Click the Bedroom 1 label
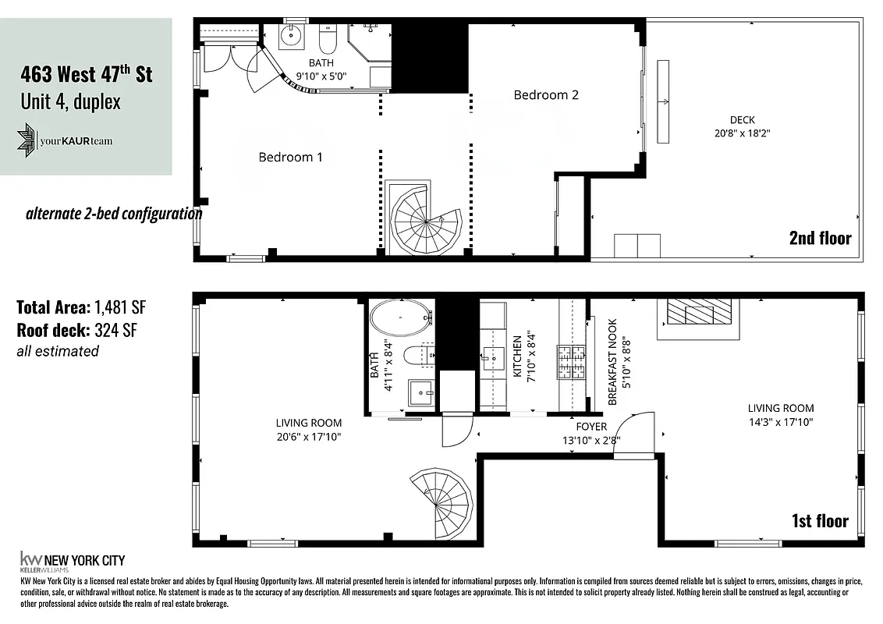(290, 158)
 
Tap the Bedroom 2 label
(546, 95)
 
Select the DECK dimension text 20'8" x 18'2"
(742, 133)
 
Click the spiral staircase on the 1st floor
(442, 502)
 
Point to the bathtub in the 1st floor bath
(400, 319)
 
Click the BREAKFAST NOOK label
(612, 361)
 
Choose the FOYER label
(591, 427)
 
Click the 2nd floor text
(820, 238)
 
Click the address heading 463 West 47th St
(86, 76)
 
